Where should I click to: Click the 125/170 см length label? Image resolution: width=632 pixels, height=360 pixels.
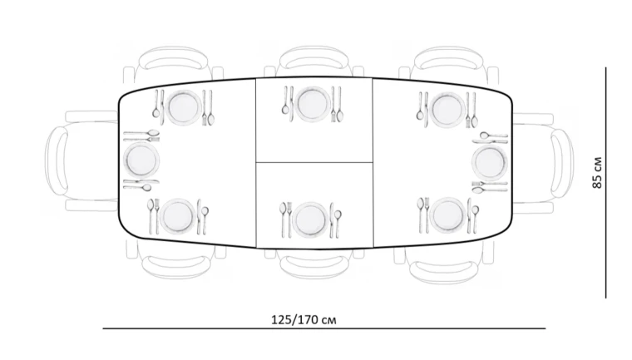tap(304, 320)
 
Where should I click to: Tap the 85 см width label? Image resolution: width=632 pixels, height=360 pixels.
tap(597, 173)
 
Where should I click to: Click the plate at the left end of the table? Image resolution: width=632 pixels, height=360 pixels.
tap(141, 160)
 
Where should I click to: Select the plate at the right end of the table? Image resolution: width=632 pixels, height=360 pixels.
tap(489, 162)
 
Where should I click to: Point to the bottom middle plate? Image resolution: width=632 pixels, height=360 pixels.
tap(310, 219)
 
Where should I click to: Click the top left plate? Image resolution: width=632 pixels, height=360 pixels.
tap(185, 107)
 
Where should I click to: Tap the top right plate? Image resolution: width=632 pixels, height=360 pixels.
tap(447, 109)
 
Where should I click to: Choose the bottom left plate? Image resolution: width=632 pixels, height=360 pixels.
tap(178, 216)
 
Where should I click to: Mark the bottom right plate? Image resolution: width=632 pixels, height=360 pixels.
tap(447, 215)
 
